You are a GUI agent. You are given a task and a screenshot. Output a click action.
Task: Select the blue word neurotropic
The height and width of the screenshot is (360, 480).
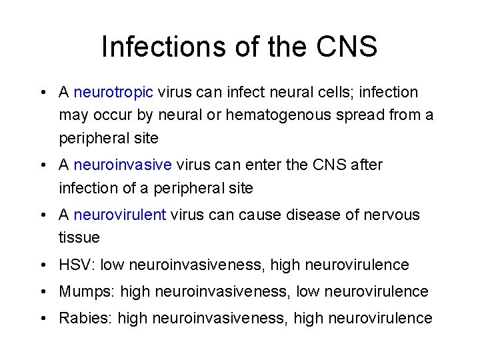(x=113, y=92)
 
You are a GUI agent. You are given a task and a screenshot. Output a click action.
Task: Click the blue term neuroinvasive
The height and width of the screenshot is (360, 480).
(x=123, y=165)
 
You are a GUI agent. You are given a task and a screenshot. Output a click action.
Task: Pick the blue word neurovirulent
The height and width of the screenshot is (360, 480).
(x=120, y=215)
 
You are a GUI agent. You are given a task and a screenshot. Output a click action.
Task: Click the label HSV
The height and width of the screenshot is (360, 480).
(x=75, y=265)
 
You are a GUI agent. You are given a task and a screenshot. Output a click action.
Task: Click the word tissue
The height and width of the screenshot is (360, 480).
(x=79, y=237)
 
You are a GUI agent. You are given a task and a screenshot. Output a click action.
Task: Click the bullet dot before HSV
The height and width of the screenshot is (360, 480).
(x=42, y=265)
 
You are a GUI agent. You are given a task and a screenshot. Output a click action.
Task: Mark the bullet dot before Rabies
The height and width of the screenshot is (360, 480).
(x=42, y=319)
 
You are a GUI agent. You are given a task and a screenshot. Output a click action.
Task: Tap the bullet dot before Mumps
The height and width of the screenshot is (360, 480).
(x=42, y=292)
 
